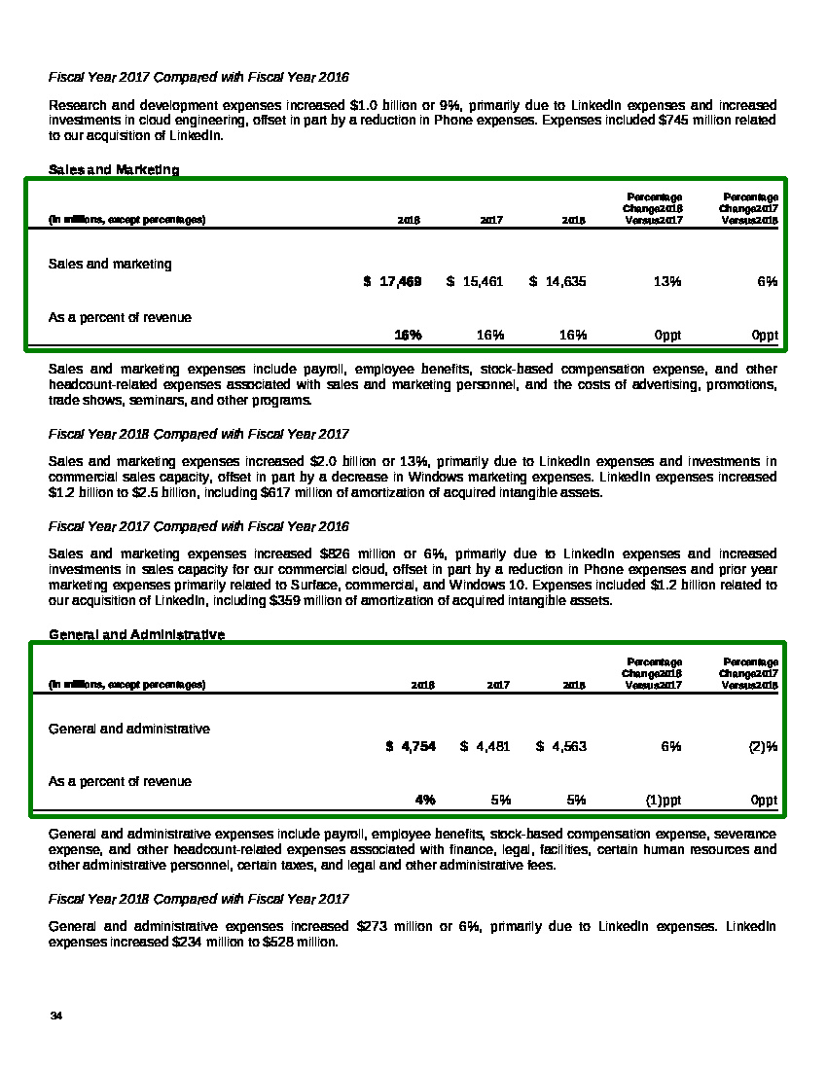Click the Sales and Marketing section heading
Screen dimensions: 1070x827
coord(114,170)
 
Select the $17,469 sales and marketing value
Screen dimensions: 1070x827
coord(393,281)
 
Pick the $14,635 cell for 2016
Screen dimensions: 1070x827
coord(558,281)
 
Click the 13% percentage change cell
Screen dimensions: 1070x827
coord(667,281)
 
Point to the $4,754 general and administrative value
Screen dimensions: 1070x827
coord(411,746)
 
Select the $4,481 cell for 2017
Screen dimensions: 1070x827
coord(485,746)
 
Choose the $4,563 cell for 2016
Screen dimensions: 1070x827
coord(561,746)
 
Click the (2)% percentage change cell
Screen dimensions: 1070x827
coord(763,746)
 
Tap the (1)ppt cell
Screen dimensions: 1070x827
coord(664,800)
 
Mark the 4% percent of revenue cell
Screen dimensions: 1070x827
coord(425,800)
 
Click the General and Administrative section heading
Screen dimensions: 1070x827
coord(136,635)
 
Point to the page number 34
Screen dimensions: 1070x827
coord(55,1016)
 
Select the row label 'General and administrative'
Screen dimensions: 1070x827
coord(129,729)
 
